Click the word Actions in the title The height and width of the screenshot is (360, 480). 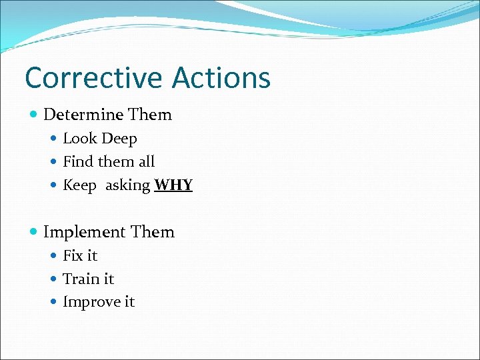[x=221, y=77]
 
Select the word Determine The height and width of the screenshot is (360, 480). [x=84, y=115]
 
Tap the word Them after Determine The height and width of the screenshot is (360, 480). [x=150, y=115]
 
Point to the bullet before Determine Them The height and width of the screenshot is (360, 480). [x=34, y=115]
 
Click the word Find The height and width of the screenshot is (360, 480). [x=78, y=162]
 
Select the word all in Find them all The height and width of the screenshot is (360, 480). [x=146, y=162]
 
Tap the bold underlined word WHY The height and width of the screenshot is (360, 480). [x=173, y=185]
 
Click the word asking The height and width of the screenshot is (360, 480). [x=127, y=186]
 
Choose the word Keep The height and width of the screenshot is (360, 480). [x=79, y=186]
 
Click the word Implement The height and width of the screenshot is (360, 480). [x=85, y=232]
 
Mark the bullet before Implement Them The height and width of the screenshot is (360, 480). [x=34, y=233]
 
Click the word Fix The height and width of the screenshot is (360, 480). [x=73, y=255]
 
